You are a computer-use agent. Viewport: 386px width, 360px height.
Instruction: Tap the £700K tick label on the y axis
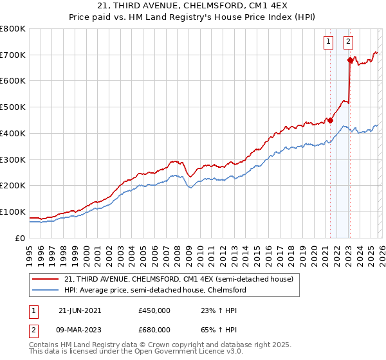(x=13, y=55)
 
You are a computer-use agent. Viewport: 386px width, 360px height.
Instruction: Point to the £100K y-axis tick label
(x=13, y=212)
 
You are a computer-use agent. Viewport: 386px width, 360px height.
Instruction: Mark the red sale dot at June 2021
(x=330, y=120)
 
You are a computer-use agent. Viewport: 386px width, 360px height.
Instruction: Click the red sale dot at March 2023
(x=350, y=60)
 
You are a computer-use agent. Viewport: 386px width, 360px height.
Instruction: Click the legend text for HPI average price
(x=154, y=290)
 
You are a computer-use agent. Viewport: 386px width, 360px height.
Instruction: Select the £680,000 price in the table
(x=154, y=329)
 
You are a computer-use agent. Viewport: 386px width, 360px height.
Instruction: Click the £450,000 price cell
(x=154, y=310)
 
